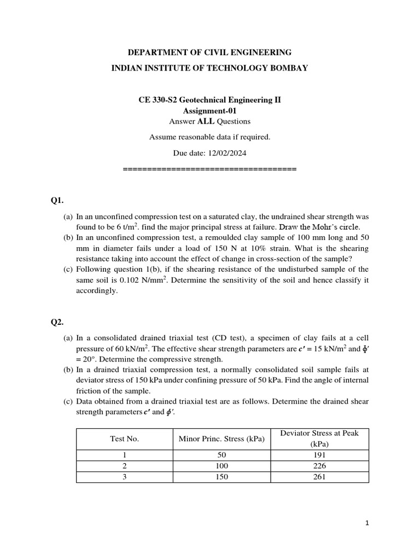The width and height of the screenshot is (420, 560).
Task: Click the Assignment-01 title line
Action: pyautogui.click(x=209, y=110)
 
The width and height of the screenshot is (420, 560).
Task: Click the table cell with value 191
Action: pyautogui.click(x=319, y=455)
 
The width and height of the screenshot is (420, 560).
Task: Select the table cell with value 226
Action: pyautogui.click(x=319, y=466)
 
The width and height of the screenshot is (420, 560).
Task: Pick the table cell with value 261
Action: pyautogui.click(x=319, y=477)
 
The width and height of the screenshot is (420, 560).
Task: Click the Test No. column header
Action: pyautogui.click(x=124, y=439)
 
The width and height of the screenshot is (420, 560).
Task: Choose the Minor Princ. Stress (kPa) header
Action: pyautogui.click(x=222, y=439)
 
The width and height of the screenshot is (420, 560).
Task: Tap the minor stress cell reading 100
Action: pyautogui.click(x=222, y=466)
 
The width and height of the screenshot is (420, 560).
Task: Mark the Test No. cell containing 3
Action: pyautogui.click(x=124, y=477)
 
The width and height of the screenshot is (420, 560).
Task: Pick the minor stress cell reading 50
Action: pyautogui.click(x=222, y=455)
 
